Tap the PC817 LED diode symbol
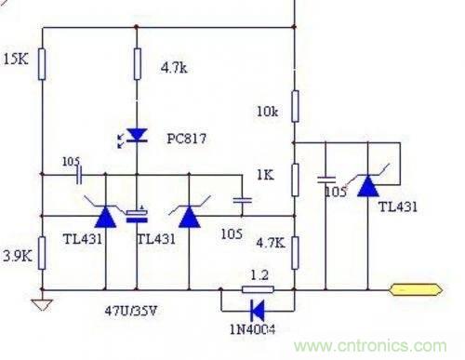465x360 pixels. coord(137,136)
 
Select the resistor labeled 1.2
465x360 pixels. coord(255,289)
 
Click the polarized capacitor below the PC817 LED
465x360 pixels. coord(137,216)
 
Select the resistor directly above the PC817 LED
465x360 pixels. coord(137,65)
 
